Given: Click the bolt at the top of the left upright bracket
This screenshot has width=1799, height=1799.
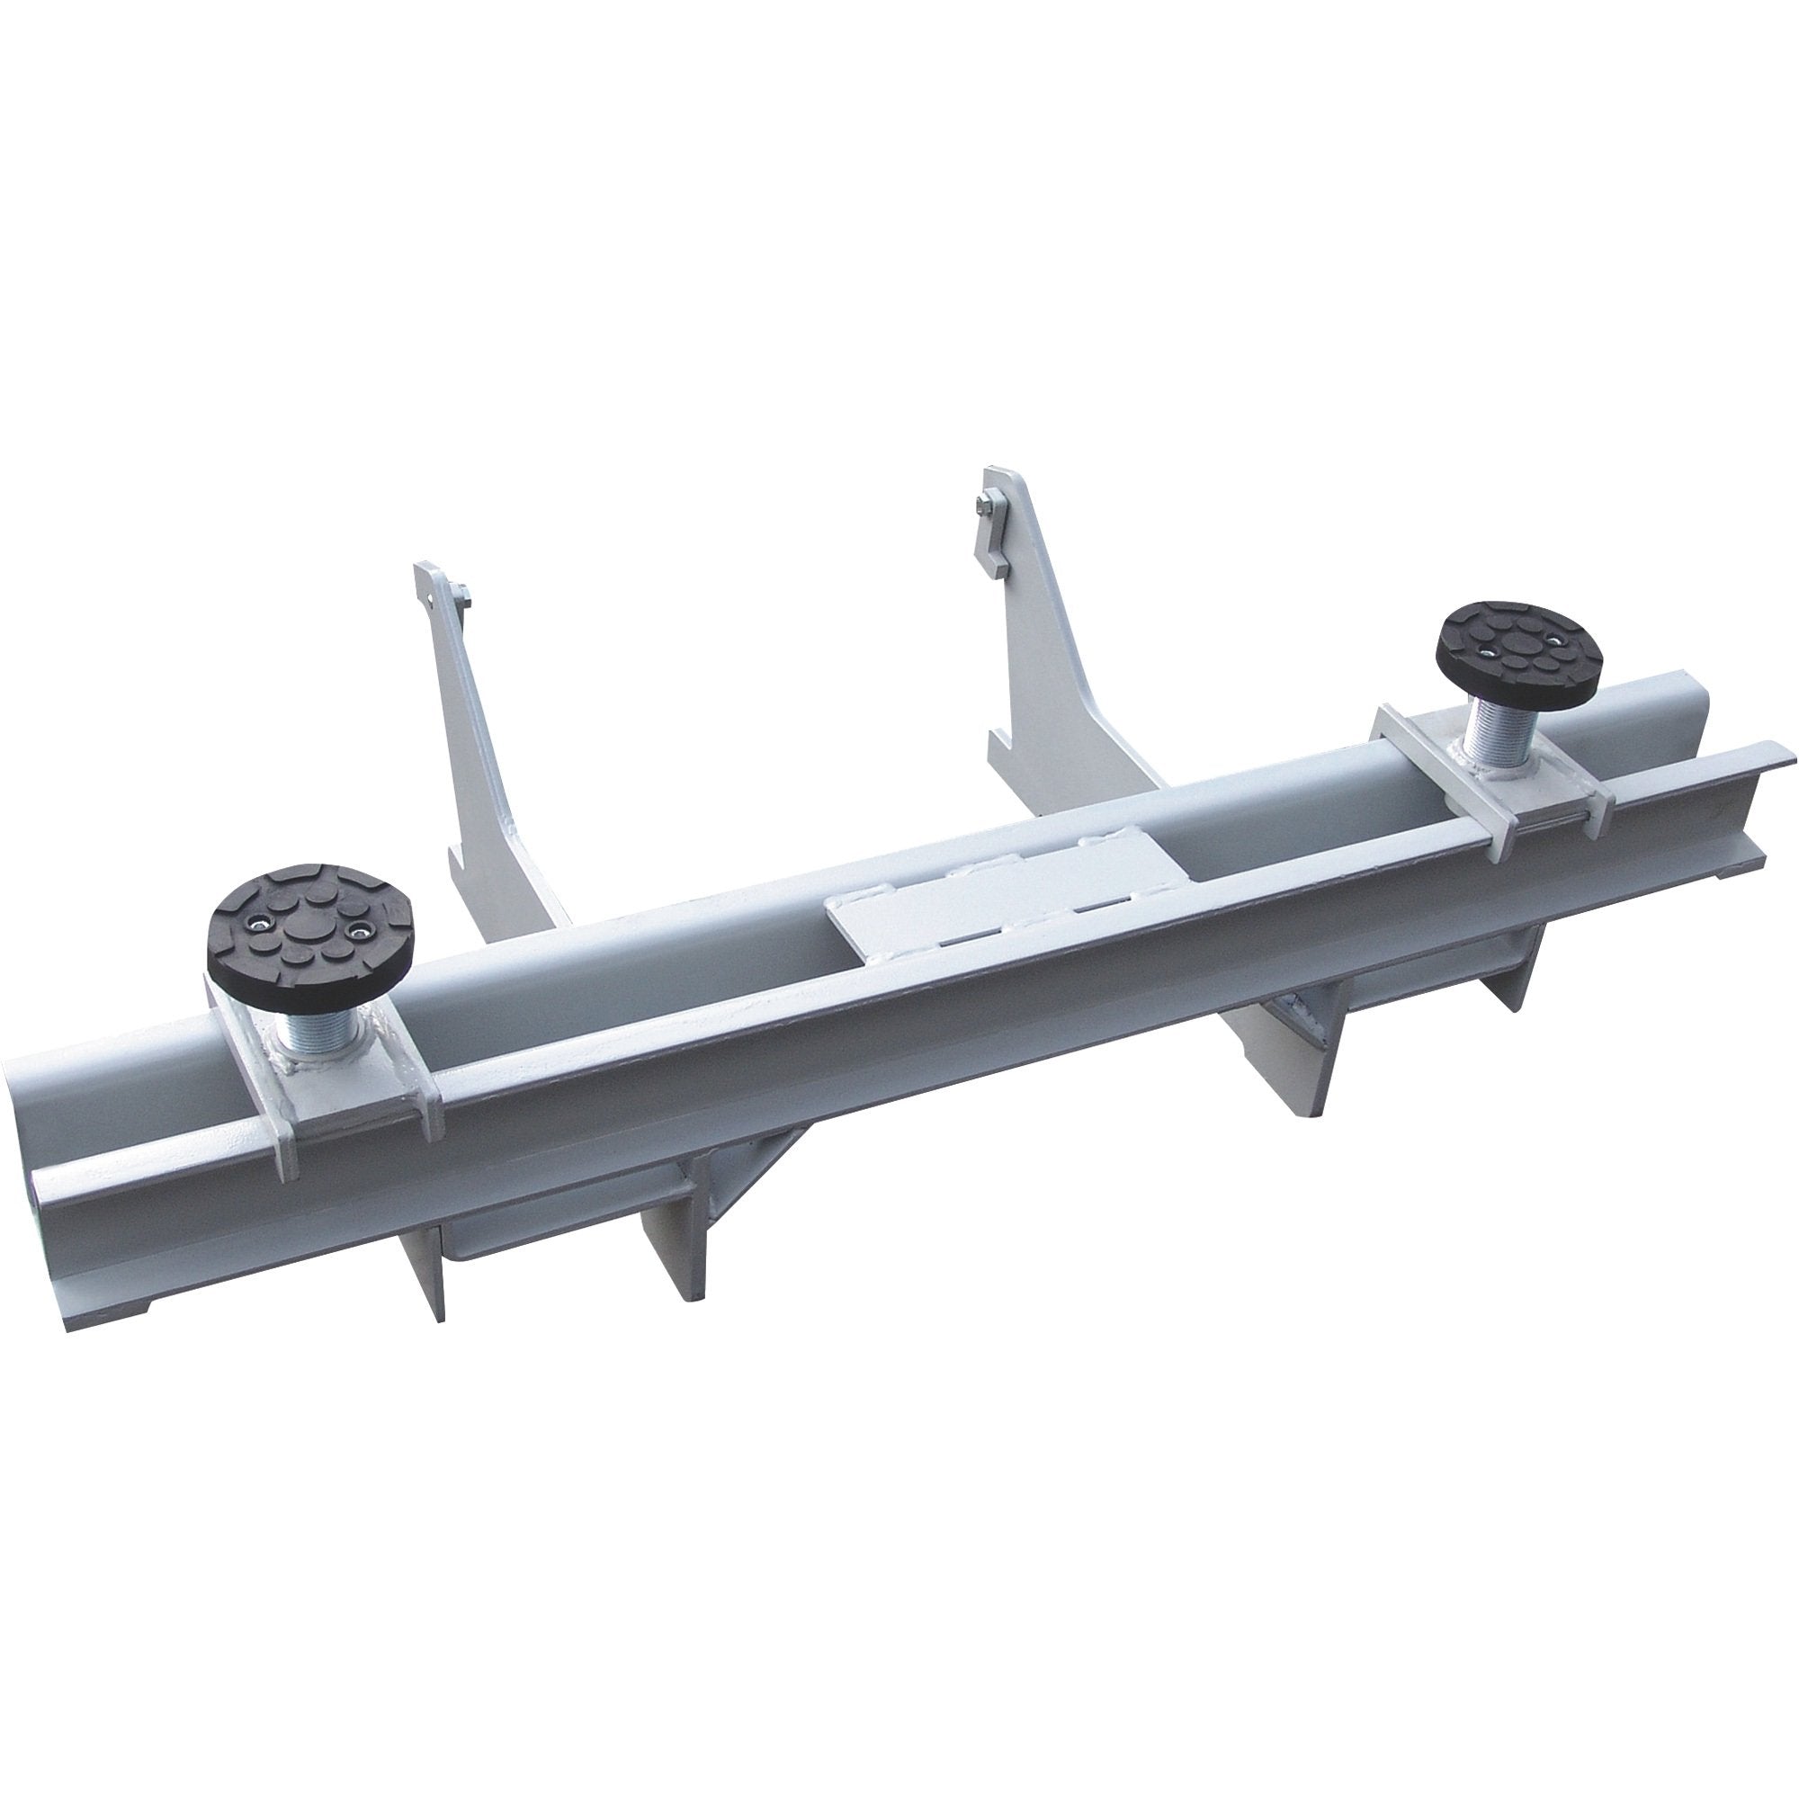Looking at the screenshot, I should pyautogui.click(x=460, y=592).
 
